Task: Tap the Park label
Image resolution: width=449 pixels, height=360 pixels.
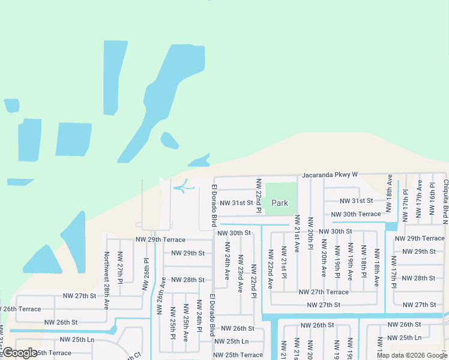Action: [280, 203]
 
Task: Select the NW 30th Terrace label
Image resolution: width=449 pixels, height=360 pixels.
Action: [356, 214]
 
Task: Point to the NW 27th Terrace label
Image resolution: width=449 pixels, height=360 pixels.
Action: [324, 292]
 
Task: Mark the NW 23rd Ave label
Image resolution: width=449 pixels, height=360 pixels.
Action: [240, 273]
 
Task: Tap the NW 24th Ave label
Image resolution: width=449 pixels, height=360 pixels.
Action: [227, 261]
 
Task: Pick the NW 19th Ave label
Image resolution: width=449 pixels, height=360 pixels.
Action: [350, 263]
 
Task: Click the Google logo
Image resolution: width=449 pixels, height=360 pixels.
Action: [20, 353]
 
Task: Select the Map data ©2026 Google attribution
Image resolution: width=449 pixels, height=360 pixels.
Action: [411, 355]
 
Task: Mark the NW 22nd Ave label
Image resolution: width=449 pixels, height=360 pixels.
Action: [270, 267]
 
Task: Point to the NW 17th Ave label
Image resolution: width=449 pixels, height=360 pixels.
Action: [419, 194]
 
